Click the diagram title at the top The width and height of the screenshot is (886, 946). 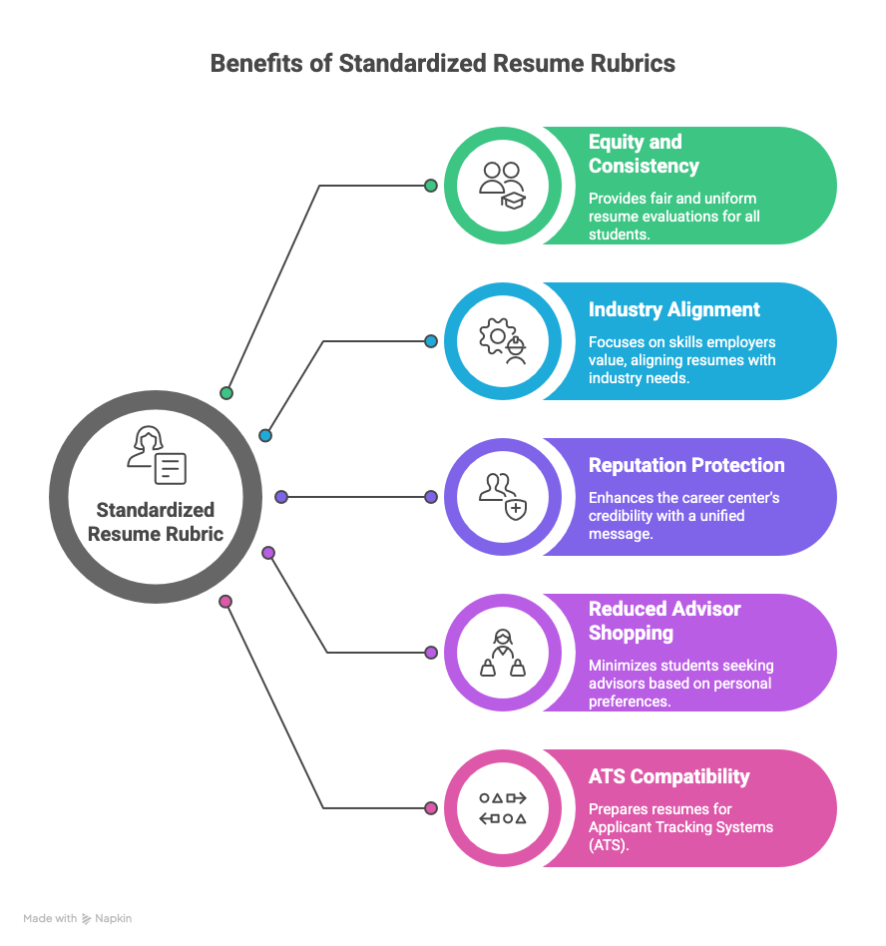click(442, 64)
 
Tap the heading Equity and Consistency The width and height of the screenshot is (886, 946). click(644, 154)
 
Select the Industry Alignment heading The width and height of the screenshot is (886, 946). click(673, 309)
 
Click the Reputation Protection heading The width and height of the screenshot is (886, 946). click(685, 465)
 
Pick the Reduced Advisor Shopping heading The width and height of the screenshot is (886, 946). click(664, 621)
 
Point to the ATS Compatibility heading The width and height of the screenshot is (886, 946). click(668, 776)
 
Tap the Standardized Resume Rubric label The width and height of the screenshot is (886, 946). click(156, 522)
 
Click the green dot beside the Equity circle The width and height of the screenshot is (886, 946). click(431, 186)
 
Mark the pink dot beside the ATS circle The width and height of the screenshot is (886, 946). click(431, 808)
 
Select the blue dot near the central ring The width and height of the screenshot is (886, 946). click(265, 435)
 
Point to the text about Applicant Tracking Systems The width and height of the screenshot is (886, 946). click(680, 826)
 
